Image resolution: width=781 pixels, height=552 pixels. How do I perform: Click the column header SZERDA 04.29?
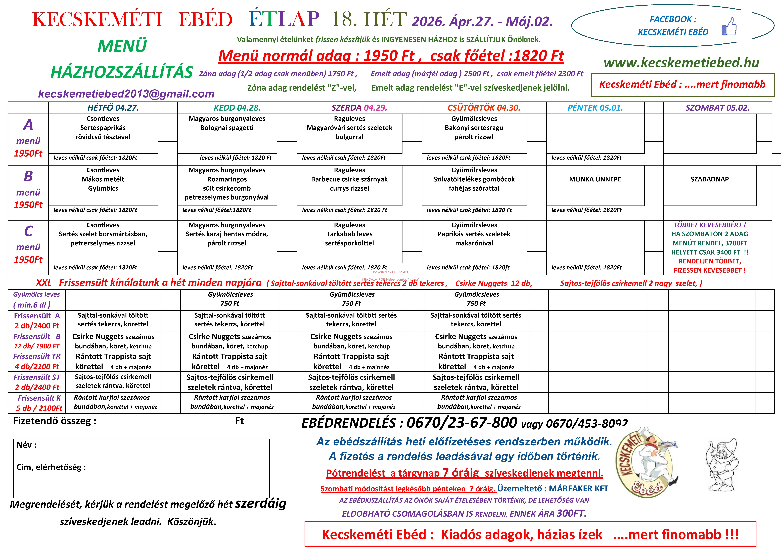click(x=359, y=108)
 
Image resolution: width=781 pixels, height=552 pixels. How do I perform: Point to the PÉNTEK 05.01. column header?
click(x=595, y=108)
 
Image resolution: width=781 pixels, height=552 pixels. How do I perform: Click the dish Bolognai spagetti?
click(x=227, y=128)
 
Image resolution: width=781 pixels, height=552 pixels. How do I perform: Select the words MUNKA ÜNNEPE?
click(x=595, y=179)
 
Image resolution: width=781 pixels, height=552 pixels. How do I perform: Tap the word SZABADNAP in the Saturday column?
click(x=710, y=179)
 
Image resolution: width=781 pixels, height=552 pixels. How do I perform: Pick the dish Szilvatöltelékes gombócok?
click(x=474, y=179)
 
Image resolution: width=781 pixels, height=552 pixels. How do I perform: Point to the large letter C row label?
click(x=29, y=231)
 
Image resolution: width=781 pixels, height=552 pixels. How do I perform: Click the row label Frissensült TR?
click(x=37, y=356)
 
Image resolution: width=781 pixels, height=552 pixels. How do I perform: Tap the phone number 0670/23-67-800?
click(x=462, y=423)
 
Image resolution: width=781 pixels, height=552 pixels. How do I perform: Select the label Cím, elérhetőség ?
click(x=51, y=467)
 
